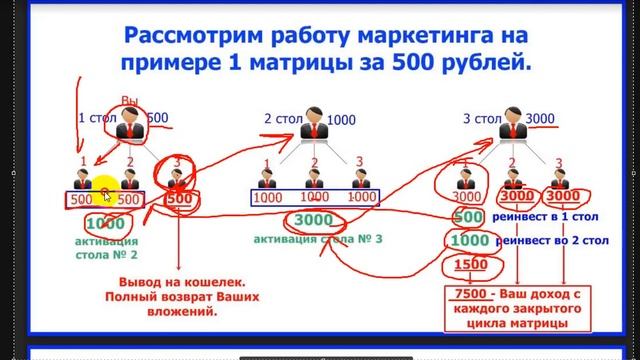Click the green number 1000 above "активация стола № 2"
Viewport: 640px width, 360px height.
click(x=105, y=223)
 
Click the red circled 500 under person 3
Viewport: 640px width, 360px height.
click(x=178, y=199)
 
